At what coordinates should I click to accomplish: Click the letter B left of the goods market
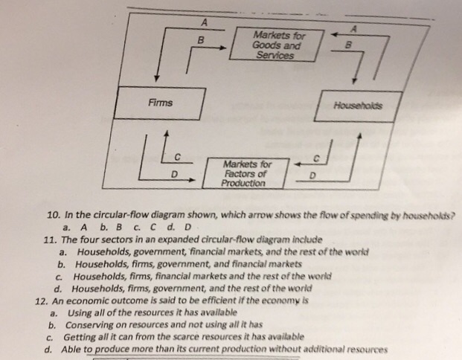coord(199,39)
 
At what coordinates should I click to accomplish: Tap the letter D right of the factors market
coord(312,176)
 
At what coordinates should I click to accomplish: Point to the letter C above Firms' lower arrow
coord(177,155)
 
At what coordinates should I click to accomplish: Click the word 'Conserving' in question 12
coord(92,324)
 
